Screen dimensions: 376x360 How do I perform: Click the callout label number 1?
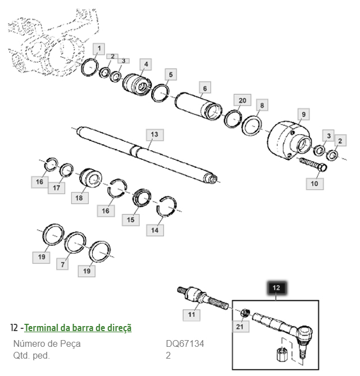98,49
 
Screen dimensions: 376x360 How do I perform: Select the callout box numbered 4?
145,65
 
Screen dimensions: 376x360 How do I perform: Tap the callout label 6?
204,88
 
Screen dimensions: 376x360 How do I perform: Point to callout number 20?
241,100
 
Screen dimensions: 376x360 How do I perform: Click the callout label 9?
303,114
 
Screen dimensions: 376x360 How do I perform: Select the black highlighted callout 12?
276,288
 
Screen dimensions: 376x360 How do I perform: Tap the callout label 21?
240,327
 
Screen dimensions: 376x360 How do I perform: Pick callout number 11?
192,315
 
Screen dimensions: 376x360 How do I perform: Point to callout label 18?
79,198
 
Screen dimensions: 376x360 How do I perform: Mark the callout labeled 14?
155,230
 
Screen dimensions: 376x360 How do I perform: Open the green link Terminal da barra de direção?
78,327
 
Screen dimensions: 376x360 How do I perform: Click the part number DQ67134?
184,343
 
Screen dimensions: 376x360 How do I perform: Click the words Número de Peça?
47,343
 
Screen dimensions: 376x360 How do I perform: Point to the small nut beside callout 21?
245,313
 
